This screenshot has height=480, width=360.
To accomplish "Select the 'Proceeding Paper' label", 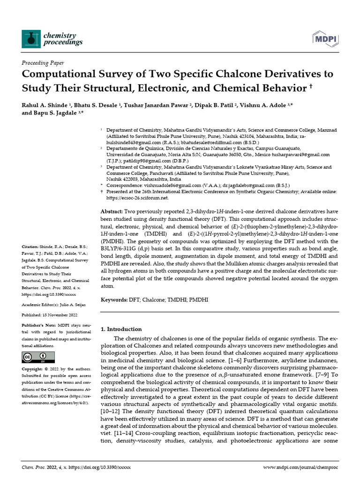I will pyautogui.click(x=43, y=63).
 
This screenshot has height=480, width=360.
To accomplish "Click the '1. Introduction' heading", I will pyautogui.click(x=121, y=329).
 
